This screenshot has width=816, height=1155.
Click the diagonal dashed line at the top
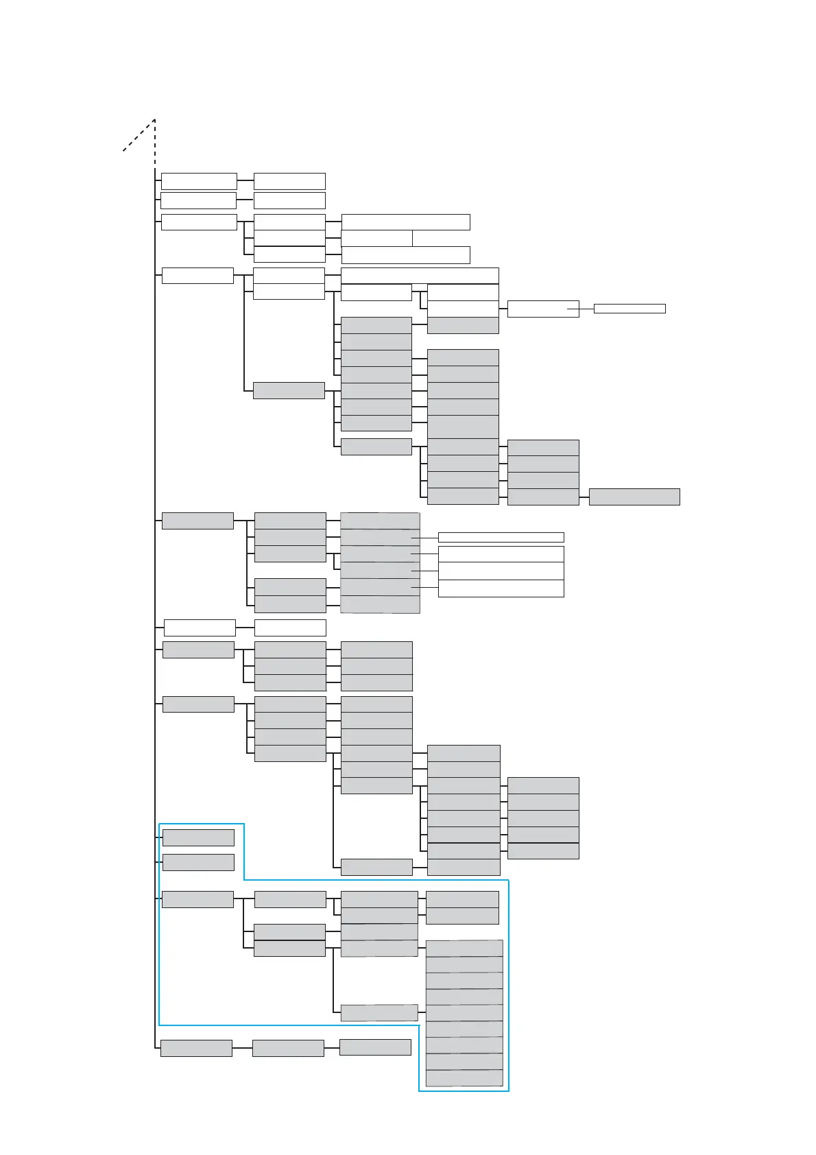pos(139,135)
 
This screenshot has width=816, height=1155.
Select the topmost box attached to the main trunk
pos(199,181)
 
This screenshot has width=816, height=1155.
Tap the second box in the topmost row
pos(289,181)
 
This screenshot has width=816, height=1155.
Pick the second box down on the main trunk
pos(199,200)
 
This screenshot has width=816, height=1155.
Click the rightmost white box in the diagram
pos(629,309)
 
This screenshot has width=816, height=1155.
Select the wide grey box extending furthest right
pos(634,497)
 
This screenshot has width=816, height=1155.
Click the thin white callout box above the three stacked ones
pos(501,537)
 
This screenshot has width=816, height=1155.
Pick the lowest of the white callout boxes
pos(501,588)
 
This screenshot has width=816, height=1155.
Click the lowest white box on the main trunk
pos(200,628)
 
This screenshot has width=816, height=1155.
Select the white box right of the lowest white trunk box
pos(290,628)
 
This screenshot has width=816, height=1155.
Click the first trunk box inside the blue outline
pos(198,837)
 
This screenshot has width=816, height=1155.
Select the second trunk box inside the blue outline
pos(198,862)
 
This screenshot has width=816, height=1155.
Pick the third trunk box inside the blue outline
pos(197,899)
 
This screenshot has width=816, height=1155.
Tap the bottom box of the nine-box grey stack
pos(464,1078)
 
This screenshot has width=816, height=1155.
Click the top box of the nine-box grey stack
pos(464,949)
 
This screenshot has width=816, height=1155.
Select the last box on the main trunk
pos(196,1048)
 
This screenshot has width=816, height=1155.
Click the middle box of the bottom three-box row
pos(288,1048)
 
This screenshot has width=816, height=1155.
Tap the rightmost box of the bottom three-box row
pos(375,1047)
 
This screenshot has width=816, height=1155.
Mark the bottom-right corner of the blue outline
pos(508,1091)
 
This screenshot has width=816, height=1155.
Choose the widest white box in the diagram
pos(420,276)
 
